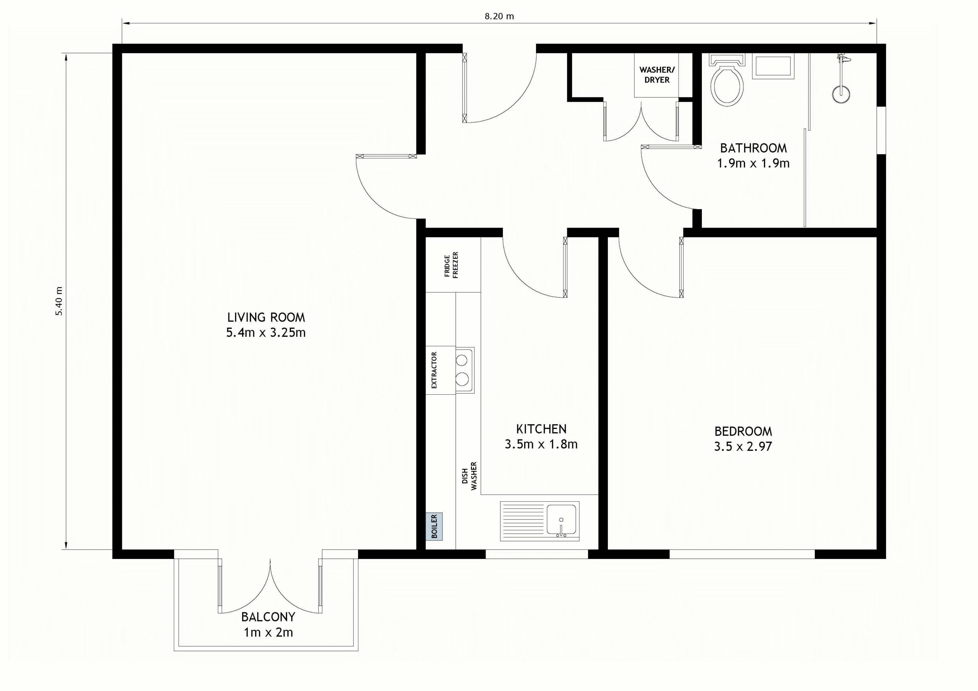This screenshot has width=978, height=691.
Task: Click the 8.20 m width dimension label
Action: pyautogui.click(x=499, y=16)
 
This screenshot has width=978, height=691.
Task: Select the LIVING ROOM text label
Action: pyautogui.click(x=266, y=317)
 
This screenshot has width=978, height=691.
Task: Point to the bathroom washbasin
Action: pyautogui.click(x=774, y=66)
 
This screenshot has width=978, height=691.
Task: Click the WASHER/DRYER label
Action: pyautogui.click(x=657, y=74)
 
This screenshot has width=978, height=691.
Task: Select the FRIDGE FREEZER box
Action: pyautogui.click(x=453, y=265)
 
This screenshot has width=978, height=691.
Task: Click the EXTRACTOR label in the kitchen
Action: pyautogui.click(x=434, y=370)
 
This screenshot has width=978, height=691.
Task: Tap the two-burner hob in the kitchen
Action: pyautogui.click(x=465, y=370)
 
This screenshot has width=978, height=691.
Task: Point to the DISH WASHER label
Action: pyautogui.click(x=470, y=476)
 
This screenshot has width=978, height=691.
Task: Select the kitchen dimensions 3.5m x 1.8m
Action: pyautogui.click(x=541, y=444)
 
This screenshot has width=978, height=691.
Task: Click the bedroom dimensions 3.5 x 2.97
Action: pyautogui.click(x=743, y=447)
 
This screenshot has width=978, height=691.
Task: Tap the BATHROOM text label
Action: pyautogui.click(x=753, y=148)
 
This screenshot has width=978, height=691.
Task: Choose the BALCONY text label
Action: pyautogui.click(x=268, y=617)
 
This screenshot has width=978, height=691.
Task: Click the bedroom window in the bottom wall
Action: pyautogui.click(x=742, y=554)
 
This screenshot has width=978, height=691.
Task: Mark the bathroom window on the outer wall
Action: pyautogui.click(x=881, y=130)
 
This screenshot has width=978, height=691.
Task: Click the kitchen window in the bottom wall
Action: pyautogui.click(x=537, y=554)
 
